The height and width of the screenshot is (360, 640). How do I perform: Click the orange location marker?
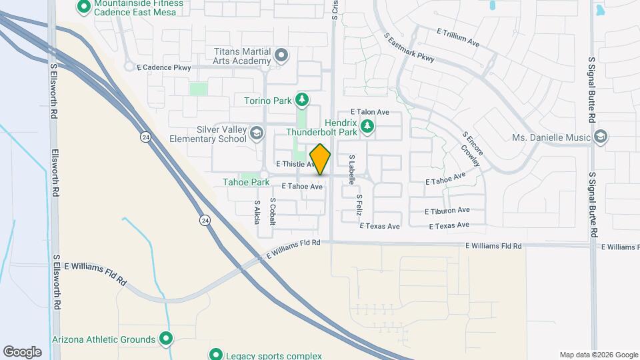(x=320, y=159)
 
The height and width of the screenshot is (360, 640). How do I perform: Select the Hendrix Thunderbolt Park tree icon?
(x=366, y=126)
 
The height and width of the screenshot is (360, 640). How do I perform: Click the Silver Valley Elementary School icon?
(x=256, y=134)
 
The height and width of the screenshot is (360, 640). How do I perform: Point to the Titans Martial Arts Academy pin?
(x=281, y=55)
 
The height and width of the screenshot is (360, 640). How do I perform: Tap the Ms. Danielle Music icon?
(x=600, y=137)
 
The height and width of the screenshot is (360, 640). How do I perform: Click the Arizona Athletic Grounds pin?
(x=166, y=339)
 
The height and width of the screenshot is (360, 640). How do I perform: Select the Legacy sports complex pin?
(x=215, y=354)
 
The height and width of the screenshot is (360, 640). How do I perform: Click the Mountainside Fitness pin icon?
(x=84, y=7)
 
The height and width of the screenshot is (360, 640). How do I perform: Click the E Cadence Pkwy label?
(x=163, y=67)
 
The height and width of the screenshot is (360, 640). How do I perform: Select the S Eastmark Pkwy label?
(x=409, y=47)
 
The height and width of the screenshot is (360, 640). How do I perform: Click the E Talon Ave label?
(x=370, y=112)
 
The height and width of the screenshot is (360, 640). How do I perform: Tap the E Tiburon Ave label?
(x=447, y=210)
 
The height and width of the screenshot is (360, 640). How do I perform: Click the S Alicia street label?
(x=257, y=211)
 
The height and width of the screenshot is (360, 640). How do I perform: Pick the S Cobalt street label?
(x=272, y=211)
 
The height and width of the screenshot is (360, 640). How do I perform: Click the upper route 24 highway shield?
(x=145, y=137)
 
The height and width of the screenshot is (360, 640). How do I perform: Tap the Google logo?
(x=22, y=351)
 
